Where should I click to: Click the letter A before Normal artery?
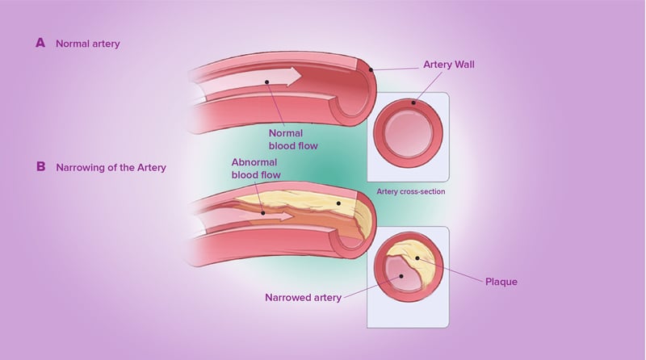coord(40,43)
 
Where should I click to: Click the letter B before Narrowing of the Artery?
coord(40,167)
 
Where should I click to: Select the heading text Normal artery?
coord(87,44)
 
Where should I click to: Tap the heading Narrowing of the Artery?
coord(111,168)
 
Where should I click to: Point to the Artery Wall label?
coord(451,64)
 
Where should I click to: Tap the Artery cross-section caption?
coord(411,191)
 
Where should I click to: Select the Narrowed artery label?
coord(303,297)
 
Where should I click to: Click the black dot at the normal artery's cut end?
coord(371,71)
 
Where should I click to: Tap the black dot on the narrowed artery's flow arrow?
coord(264,213)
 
